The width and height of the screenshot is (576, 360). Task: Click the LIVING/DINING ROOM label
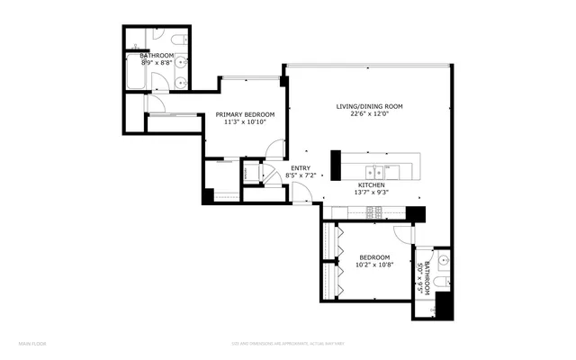(x=369, y=106)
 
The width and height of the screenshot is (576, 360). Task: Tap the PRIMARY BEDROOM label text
(x=245, y=114)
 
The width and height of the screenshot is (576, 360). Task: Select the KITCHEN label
(x=372, y=184)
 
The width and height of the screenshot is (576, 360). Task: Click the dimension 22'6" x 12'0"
(x=369, y=114)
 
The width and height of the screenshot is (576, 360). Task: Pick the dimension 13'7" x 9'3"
(x=372, y=192)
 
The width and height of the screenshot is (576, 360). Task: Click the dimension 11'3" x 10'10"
(x=245, y=122)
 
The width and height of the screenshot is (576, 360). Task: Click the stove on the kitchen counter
(x=373, y=212)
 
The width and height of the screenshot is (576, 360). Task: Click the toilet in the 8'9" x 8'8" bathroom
(x=176, y=40)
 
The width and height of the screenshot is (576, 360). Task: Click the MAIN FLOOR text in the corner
(x=32, y=343)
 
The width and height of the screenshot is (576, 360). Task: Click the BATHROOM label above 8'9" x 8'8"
(x=157, y=56)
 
